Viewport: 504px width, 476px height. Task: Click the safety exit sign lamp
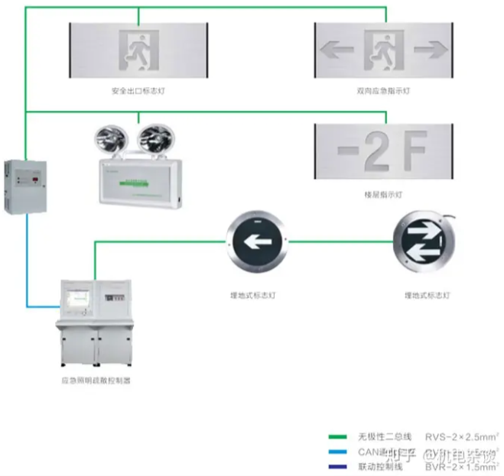coord(138,50)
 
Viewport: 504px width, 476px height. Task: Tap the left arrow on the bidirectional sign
coord(337,50)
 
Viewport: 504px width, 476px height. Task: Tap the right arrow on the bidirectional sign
coord(431,50)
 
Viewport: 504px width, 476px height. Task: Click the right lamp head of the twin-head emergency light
coord(152,139)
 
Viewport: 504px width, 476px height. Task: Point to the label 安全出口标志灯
coord(138,91)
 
